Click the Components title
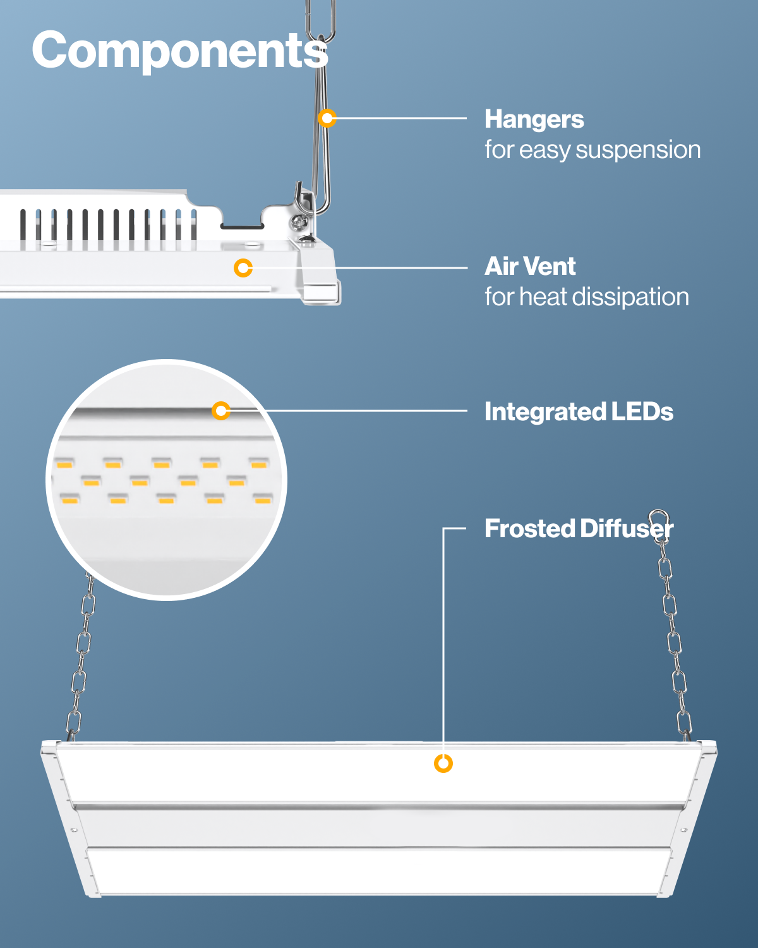[180, 51]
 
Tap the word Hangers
[534, 119]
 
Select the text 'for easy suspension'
[592, 150]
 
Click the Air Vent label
[529, 267]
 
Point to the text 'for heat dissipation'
[586, 297]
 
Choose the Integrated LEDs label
[578, 412]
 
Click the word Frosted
[529, 529]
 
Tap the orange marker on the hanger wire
[327, 118]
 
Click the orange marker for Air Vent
[243, 268]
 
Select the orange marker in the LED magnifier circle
[221, 411]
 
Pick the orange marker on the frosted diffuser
[443, 763]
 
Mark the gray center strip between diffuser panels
[379, 808]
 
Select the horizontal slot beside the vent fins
[242, 225]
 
